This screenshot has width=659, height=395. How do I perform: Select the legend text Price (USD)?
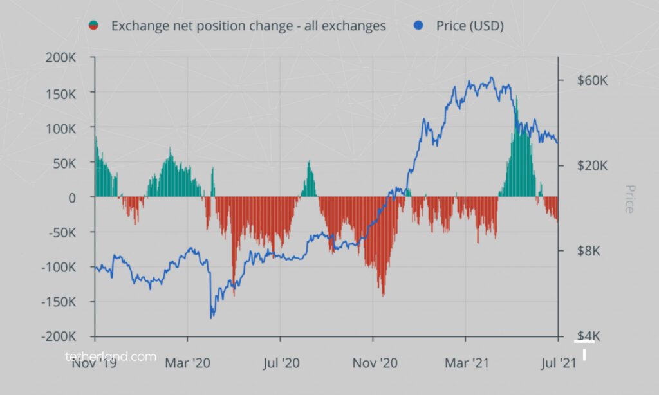(469, 26)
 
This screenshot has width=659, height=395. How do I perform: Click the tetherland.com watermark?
(111, 356)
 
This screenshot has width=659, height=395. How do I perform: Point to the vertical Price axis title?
(629, 199)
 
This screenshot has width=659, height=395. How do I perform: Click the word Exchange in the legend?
(138, 26)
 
